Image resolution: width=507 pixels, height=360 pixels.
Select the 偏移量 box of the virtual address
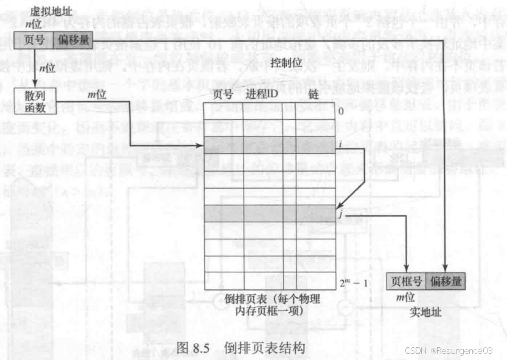72,41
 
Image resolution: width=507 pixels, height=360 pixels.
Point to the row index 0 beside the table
341,112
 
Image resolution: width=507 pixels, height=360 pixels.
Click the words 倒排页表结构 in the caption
264,347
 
